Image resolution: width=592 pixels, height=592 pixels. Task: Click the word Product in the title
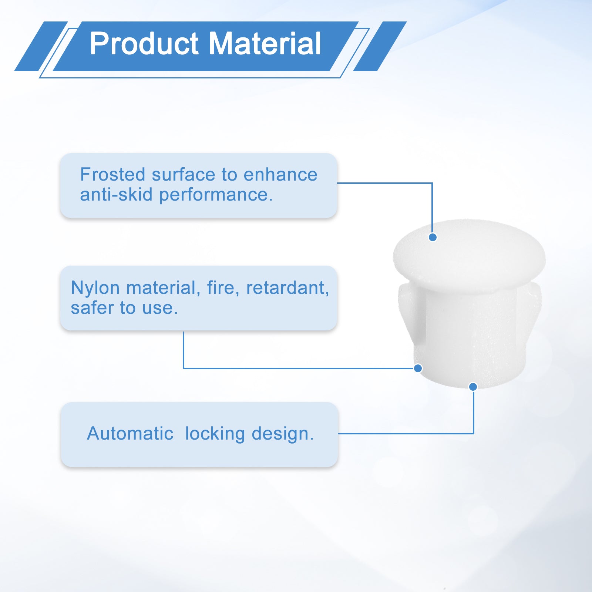pos(144,44)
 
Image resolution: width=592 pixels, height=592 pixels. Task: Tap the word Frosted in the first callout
pos(113,174)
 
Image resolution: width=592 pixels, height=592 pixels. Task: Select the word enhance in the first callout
pos(280,174)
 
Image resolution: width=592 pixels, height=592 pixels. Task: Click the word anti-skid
pos(116,194)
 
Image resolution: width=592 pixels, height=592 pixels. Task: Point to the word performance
pos(215,195)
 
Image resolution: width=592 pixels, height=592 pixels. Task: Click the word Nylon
pos(95,288)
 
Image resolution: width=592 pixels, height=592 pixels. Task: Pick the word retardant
pos(287,287)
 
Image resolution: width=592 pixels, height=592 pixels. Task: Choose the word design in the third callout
pos(282,434)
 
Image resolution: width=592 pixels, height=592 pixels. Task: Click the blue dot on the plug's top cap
pos(433,237)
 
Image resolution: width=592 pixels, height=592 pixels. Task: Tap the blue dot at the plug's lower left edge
pos(418,368)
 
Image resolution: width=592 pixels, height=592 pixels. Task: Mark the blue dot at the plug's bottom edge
pos(473,387)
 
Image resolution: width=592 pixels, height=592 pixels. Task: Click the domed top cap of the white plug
pos(469,255)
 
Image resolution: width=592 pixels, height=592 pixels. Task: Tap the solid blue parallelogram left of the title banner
pos(41,46)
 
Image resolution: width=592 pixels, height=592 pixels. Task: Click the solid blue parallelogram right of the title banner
pos(380,46)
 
